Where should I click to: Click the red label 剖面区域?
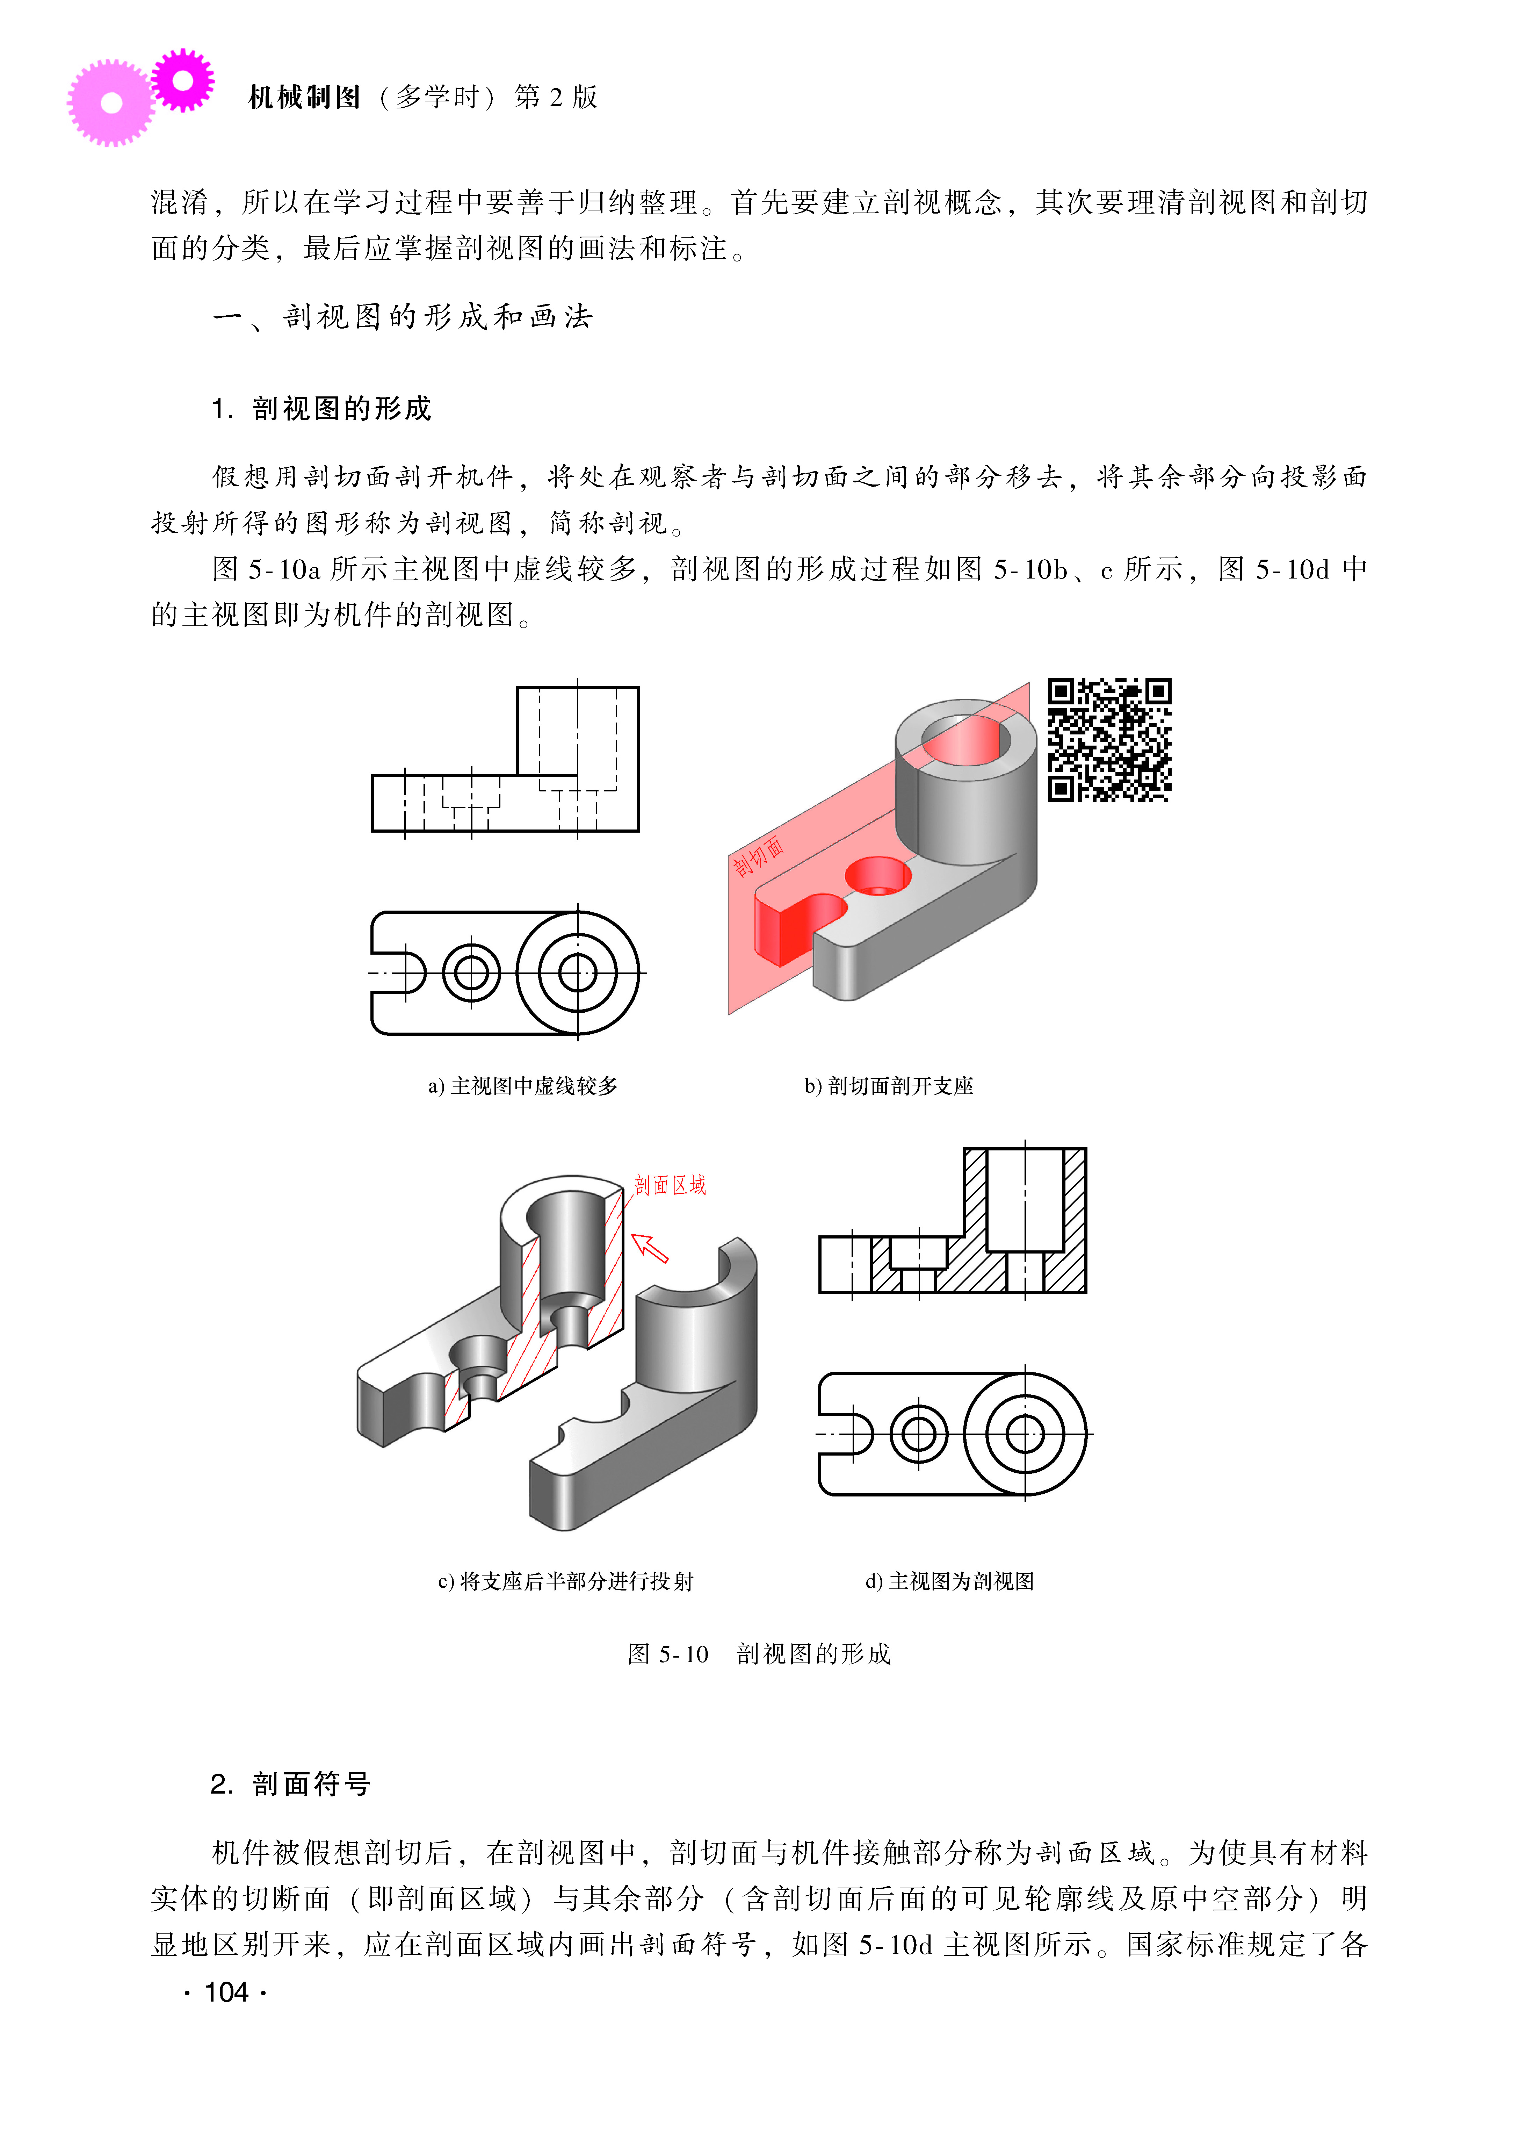pos(670,1185)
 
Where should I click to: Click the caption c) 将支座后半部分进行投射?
pos(566,1581)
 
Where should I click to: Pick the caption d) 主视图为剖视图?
pos(949,1581)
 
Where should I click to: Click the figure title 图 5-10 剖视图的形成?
pos(759,1654)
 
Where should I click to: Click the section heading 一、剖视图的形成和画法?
pos(403,317)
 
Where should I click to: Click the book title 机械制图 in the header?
pos(305,97)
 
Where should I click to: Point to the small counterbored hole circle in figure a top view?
pos(471,973)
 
